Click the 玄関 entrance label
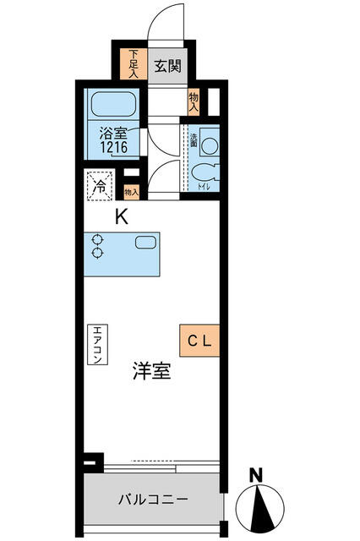[167, 66]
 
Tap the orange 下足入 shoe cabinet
[134, 64]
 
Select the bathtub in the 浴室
[113, 105]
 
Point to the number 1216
[114, 147]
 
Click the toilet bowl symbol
[205, 172]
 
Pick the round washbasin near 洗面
[210, 145]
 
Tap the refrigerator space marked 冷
[100, 186]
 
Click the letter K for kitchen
[122, 217]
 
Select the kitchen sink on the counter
[145, 243]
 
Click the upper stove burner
[97, 239]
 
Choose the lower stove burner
[97, 253]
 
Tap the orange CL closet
[199, 341]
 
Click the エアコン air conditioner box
[97, 344]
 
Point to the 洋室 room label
[152, 371]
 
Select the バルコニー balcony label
[153, 500]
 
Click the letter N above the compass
[256, 475]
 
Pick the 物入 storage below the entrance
[194, 101]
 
